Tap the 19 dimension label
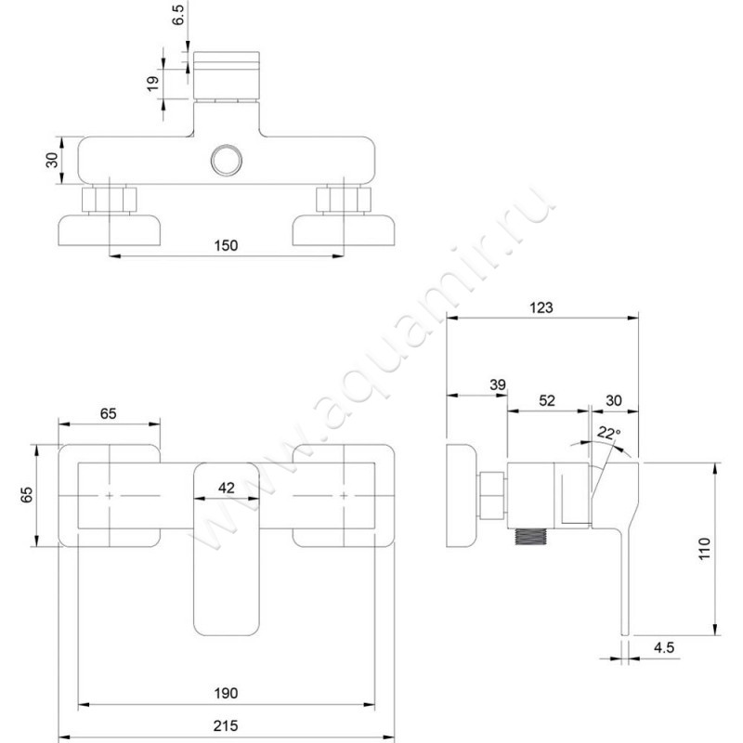(x=153, y=84)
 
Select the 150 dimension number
(x=226, y=245)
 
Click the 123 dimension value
(x=541, y=307)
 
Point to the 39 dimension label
(x=498, y=385)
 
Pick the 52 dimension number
(x=547, y=400)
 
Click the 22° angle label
(x=609, y=433)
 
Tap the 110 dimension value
(x=705, y=548)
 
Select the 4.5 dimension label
(x=664, y=647)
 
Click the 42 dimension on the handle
(x=227, y=488)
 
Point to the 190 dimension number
(x=226, y=693)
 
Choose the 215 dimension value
(x=226, y=725)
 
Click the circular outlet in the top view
(x=227, y=160)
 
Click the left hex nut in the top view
(x=110, y=200)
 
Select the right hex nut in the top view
(x=344, y=200)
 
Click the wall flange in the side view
(x=462, y=496)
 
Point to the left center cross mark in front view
(x=110, y=496)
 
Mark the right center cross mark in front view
(x=344, y=496)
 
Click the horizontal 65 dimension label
(x=108, y=413)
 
